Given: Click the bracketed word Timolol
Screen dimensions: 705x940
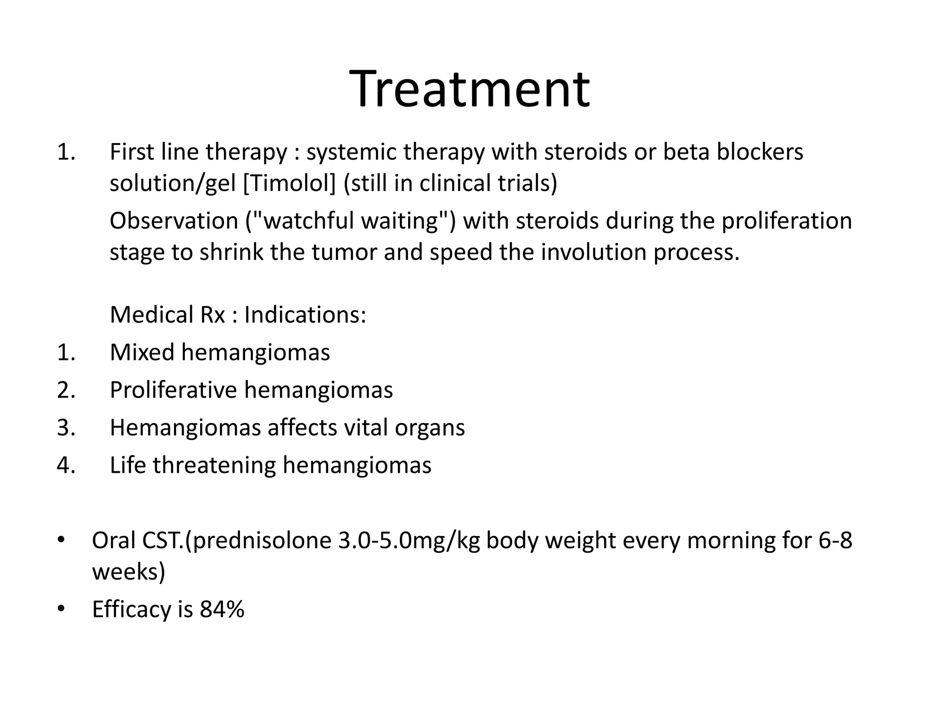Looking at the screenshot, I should [290, 183].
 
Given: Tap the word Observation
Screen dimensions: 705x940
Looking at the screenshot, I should [174, 221].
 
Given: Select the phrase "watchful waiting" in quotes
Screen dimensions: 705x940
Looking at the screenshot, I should [351, 221].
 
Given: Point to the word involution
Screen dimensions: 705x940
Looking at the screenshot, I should [594, 252].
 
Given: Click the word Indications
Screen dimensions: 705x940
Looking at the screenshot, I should [305, 315].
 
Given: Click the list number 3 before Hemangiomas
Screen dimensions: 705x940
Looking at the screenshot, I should [66, 428].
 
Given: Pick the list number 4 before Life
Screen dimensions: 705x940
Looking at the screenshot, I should [66, 465].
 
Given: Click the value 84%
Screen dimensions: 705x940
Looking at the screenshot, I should [222, 610].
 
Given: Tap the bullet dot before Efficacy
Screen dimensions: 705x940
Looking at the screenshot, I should [61, 609].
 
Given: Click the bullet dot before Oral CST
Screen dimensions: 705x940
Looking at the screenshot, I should [61, 540].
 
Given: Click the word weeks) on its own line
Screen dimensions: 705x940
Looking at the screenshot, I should [129, 572].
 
